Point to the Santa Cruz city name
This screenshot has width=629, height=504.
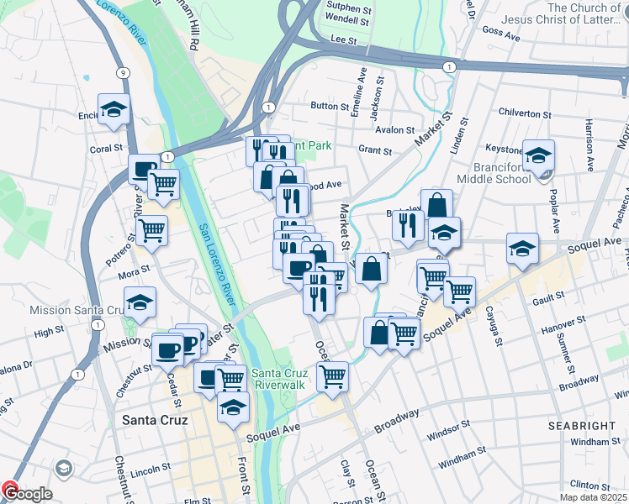[x=154, y=419]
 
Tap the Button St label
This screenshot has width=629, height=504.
[x=329, y=107]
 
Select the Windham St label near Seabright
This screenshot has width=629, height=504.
[x=595, y=441]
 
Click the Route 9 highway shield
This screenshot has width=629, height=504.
[x=123, y=73]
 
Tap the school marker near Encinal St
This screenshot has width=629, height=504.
[x=114, y=109]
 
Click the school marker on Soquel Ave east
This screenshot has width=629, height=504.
[x=521, y=249]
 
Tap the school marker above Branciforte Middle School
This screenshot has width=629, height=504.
[x=538, y=155]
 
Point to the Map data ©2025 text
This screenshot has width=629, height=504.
[x=593, y=497]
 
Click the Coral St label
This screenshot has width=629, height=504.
[x=106, y=149]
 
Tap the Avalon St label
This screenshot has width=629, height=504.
[x=394, y=130]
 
